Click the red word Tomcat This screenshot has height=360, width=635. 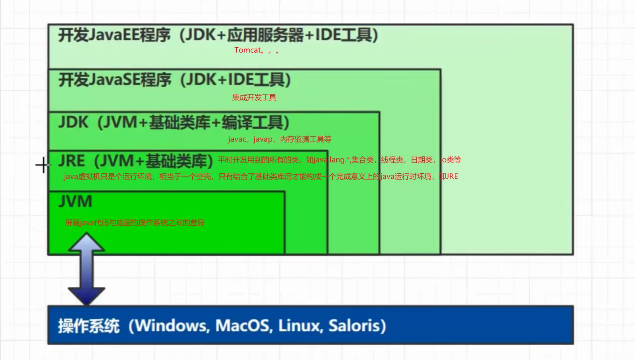[247, 50]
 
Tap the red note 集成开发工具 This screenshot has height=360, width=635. [254, 97]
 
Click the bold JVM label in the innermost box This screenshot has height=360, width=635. [75, 201]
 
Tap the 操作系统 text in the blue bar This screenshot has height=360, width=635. [89, 326]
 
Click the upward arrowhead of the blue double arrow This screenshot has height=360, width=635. [86, 242]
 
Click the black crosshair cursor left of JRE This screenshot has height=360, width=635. [43, 165]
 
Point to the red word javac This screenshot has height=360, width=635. [237, 139]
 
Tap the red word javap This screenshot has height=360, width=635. [263, 139]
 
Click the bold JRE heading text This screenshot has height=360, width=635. [72, 161]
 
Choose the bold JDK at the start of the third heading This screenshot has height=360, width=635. [73, 122]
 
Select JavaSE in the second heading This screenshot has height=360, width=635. [114, 80]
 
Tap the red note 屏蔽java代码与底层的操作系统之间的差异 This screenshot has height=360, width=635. [135, 223]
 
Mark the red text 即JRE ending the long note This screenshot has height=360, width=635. [448, 177]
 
